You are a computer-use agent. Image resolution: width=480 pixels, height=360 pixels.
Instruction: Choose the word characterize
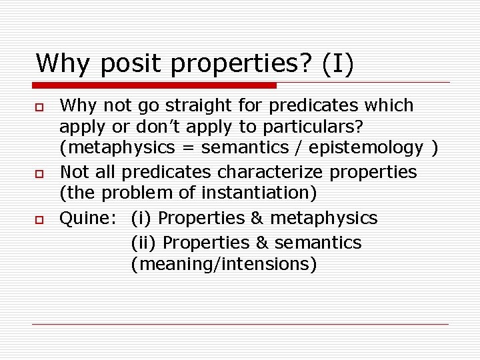pyautogui.click(x=265, y=172)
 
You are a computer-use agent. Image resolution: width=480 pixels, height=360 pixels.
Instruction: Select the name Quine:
pyautogui.click(x=85, y=218)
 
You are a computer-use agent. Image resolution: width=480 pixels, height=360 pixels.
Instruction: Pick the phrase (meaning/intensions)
pyautogui.click(x=223, y=264)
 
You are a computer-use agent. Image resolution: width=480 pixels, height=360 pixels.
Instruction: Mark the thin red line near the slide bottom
pyautogui.click(x=240, y=325)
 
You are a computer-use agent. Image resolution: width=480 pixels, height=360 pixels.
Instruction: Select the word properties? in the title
pyautogui.click(x=243, y=64)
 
